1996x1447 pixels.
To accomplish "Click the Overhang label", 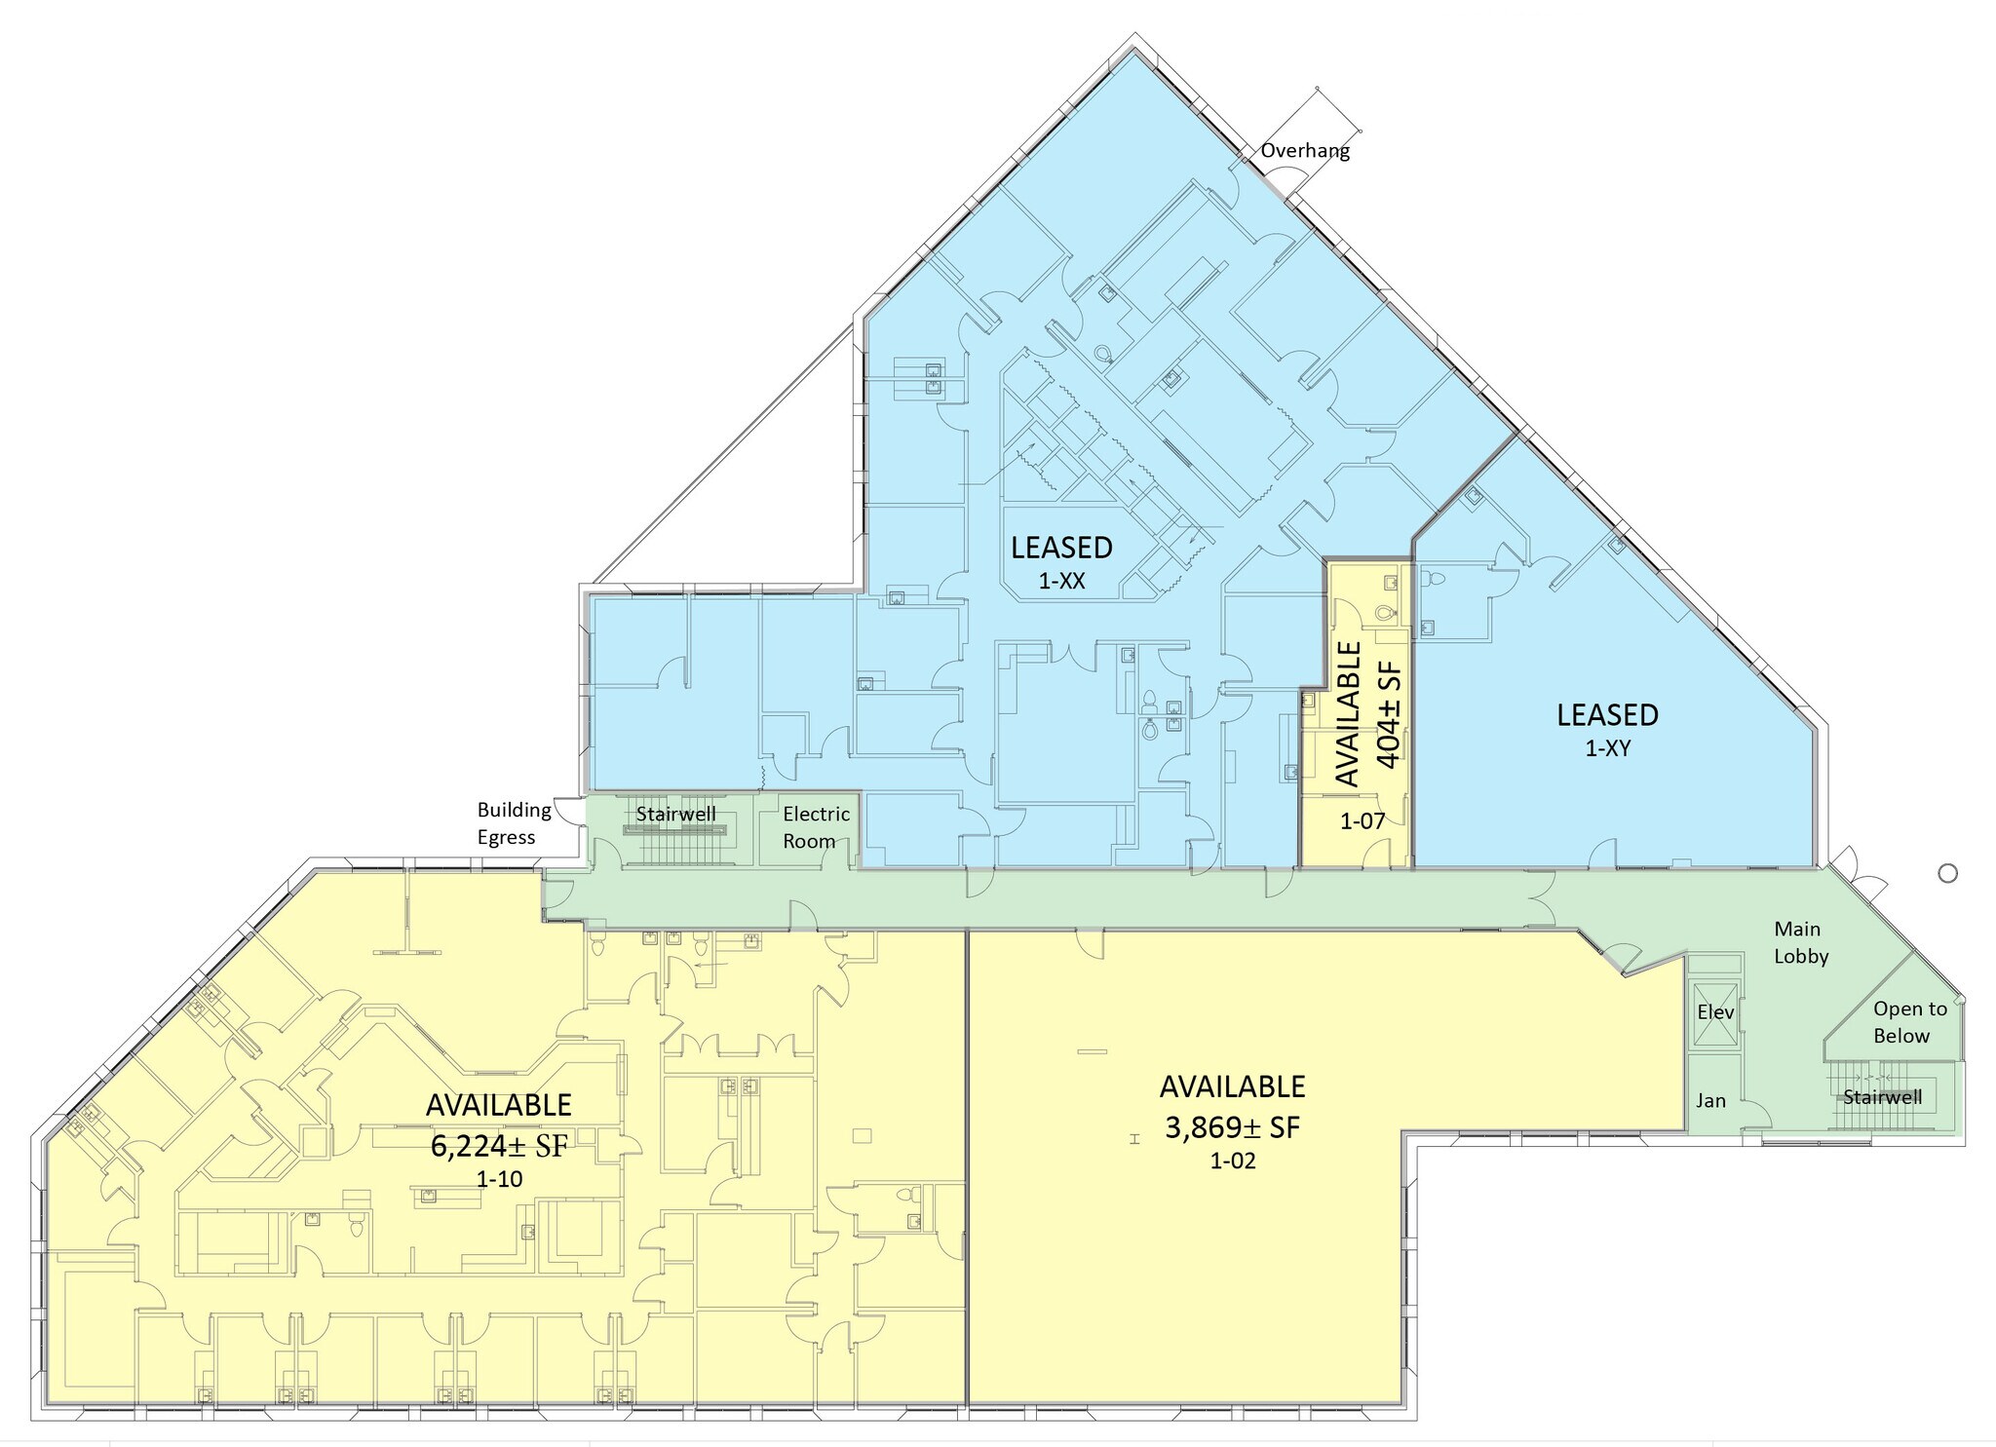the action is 1305,151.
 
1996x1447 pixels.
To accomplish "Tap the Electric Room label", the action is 816,827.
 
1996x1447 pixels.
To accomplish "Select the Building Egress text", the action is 514,823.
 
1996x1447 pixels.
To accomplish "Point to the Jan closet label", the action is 1710,1101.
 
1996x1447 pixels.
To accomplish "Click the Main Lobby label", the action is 1800,942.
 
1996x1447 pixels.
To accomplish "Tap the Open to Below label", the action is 1909,1022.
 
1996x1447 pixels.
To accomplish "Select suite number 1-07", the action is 1362,820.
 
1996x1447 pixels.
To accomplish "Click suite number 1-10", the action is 500,1179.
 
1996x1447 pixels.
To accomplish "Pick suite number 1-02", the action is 1233,1161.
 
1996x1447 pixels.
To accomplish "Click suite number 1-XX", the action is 1061,582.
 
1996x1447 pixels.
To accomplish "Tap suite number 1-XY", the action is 1607,748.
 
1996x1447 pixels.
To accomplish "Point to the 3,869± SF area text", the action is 1233,1127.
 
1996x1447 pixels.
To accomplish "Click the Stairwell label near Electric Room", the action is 675,814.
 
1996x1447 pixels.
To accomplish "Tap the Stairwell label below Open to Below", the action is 1882,1097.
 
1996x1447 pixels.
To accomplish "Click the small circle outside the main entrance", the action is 1948,873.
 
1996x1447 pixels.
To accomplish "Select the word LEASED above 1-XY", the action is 1607,715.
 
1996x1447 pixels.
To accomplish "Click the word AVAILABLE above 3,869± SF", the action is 1233,1086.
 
